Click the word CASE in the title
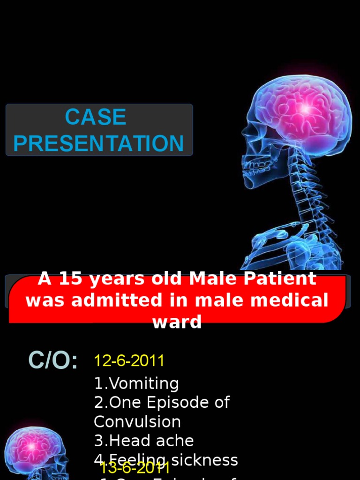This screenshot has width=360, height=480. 96,117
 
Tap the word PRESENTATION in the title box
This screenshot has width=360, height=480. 98,143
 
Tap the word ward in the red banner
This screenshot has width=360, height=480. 177,322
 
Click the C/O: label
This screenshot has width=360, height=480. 53,360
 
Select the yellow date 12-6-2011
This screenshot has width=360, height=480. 129,361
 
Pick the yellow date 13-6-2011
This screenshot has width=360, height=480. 135,467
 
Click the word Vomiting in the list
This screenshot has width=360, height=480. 143,383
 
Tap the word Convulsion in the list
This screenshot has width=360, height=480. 137,422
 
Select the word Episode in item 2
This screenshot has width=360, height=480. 176,403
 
